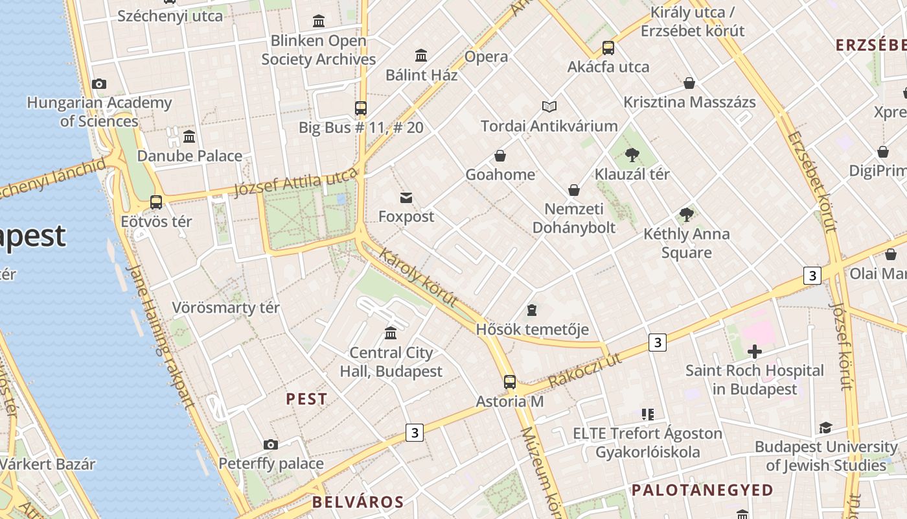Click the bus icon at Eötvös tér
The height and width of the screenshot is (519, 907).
tap(156, 202)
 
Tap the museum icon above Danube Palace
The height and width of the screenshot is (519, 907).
tap(189, 137)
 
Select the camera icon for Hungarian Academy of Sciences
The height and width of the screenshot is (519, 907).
tap(99, 84)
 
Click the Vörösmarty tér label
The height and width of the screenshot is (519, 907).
tap(225, 308)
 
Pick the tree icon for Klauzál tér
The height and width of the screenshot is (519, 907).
tap(632, 155)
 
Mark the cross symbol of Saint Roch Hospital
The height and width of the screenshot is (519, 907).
tap(754, 352)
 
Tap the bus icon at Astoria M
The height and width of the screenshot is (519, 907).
tap(510, 381)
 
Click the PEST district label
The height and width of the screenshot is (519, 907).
tap(306, 399)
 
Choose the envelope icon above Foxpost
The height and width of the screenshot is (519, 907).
tap(406, 197)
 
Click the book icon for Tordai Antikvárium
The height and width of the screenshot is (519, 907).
tap(549, 106)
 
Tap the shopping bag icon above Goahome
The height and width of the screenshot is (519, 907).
tap(500, 156)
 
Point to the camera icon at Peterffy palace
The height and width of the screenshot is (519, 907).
tap(271, 444)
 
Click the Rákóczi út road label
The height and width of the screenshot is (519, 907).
tap(584, 370)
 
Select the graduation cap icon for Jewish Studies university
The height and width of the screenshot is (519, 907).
tap(825, 428)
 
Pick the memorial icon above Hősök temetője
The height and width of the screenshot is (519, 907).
tap(532, 309)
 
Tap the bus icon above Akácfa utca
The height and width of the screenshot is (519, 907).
tap(608, 47)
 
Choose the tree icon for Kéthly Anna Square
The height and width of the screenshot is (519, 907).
tap(686, 214)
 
